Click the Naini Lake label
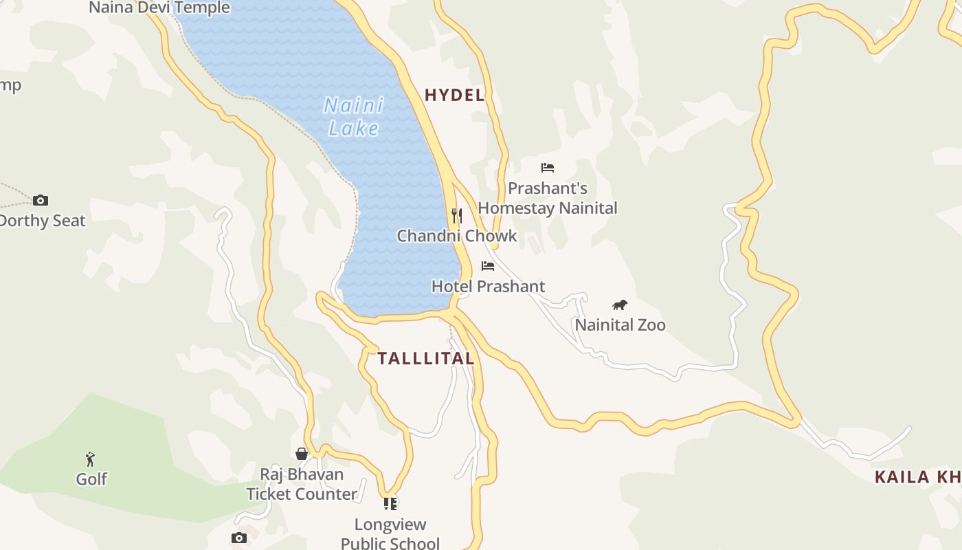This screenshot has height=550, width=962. pos(354,117)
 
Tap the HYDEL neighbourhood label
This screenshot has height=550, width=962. pos(455,96)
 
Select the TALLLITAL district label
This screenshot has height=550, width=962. pos(426,358)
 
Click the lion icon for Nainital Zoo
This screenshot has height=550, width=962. pos(620,305)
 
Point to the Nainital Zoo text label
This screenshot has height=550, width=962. pos(620,324)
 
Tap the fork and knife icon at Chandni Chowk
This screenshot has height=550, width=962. pos(456,216)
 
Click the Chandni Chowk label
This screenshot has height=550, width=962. pos(457,236)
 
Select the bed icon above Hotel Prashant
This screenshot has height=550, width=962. pos(488,266)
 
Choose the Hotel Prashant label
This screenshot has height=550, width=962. pos(488,286)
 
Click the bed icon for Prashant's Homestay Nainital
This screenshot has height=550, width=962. pos(548,167)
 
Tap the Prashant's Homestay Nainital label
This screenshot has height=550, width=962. pos(548,198)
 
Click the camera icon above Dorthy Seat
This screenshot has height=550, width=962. pos(41,200)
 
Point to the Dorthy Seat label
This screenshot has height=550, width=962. pos(43,221)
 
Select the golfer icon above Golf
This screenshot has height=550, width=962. pos(90,459)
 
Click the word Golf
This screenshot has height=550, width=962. pos(91,479)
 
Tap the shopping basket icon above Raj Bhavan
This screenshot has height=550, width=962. pos(302,454)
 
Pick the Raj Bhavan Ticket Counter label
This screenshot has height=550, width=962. pos(302,484)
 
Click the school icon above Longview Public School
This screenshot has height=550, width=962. pos(390,504)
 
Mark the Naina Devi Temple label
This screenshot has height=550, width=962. pos(159,8)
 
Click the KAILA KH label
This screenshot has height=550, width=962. pos(917,477)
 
